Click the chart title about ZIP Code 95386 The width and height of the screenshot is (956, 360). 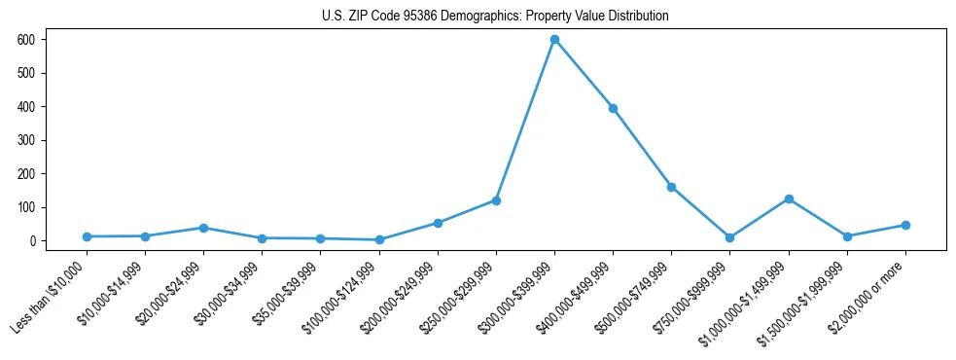coord(495,17)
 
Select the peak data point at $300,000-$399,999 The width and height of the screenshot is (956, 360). coord(554,39)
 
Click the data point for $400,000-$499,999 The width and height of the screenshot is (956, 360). coord(613,108)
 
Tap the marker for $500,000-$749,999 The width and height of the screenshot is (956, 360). coord(671,187)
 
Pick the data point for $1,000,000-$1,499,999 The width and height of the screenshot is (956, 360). coord(789,198)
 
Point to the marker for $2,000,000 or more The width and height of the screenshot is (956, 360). coord(905,225)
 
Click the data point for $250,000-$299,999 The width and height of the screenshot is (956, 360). coord(496,200)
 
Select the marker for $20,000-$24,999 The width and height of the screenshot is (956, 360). coord(203,228)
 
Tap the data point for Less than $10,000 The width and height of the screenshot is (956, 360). coord(87,236)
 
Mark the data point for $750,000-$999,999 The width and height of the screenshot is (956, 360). coord(729,237)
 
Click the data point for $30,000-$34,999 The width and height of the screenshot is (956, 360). coord(262,238)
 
